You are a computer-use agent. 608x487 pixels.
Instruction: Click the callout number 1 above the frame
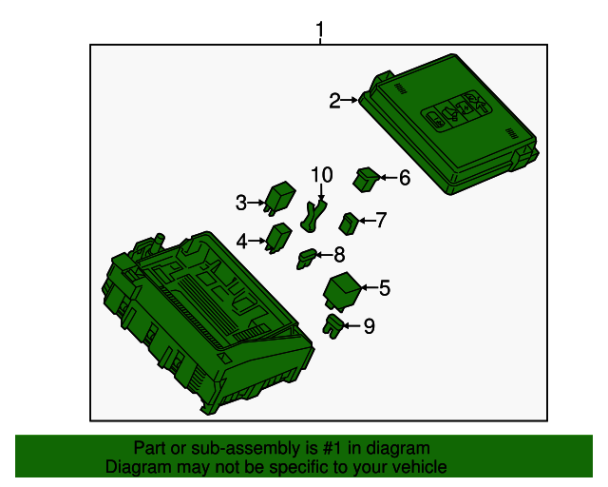click(x=319, y=29)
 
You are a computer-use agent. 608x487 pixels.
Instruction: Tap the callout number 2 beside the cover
click(x=334, y=101)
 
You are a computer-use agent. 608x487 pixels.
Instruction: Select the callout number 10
click(x=322, y=175)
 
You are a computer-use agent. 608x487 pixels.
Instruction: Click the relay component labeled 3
click(x=280, y=198)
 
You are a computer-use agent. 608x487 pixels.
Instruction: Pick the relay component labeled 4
click(x=279, y=238)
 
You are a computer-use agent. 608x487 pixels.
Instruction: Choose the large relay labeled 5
click(x=342, y=291)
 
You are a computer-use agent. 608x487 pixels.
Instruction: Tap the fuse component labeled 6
click(x=366, y=180)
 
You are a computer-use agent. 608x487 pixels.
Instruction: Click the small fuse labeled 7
click(x=349, y=224)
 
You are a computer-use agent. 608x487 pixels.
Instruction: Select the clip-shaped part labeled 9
click(x=332, y=326)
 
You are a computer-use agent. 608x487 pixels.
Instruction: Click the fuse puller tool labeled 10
click(x=313, y=217)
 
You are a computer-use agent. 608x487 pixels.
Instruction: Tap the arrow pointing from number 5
click(x=370, y=288)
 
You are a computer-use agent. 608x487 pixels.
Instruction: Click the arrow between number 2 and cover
click(x=350, y=100)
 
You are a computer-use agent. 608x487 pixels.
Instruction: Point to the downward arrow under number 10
click(x=321, y=193)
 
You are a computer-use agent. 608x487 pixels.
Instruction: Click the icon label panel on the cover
click(x=455, y=111)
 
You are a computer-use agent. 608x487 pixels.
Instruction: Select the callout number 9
click(x=370, y=326)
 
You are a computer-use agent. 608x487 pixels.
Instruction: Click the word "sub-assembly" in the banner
click(x=246, y=448)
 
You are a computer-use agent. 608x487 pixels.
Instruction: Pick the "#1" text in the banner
click(x=332, y=448)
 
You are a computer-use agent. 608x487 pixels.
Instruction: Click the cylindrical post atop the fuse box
click(x=160, y=243)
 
